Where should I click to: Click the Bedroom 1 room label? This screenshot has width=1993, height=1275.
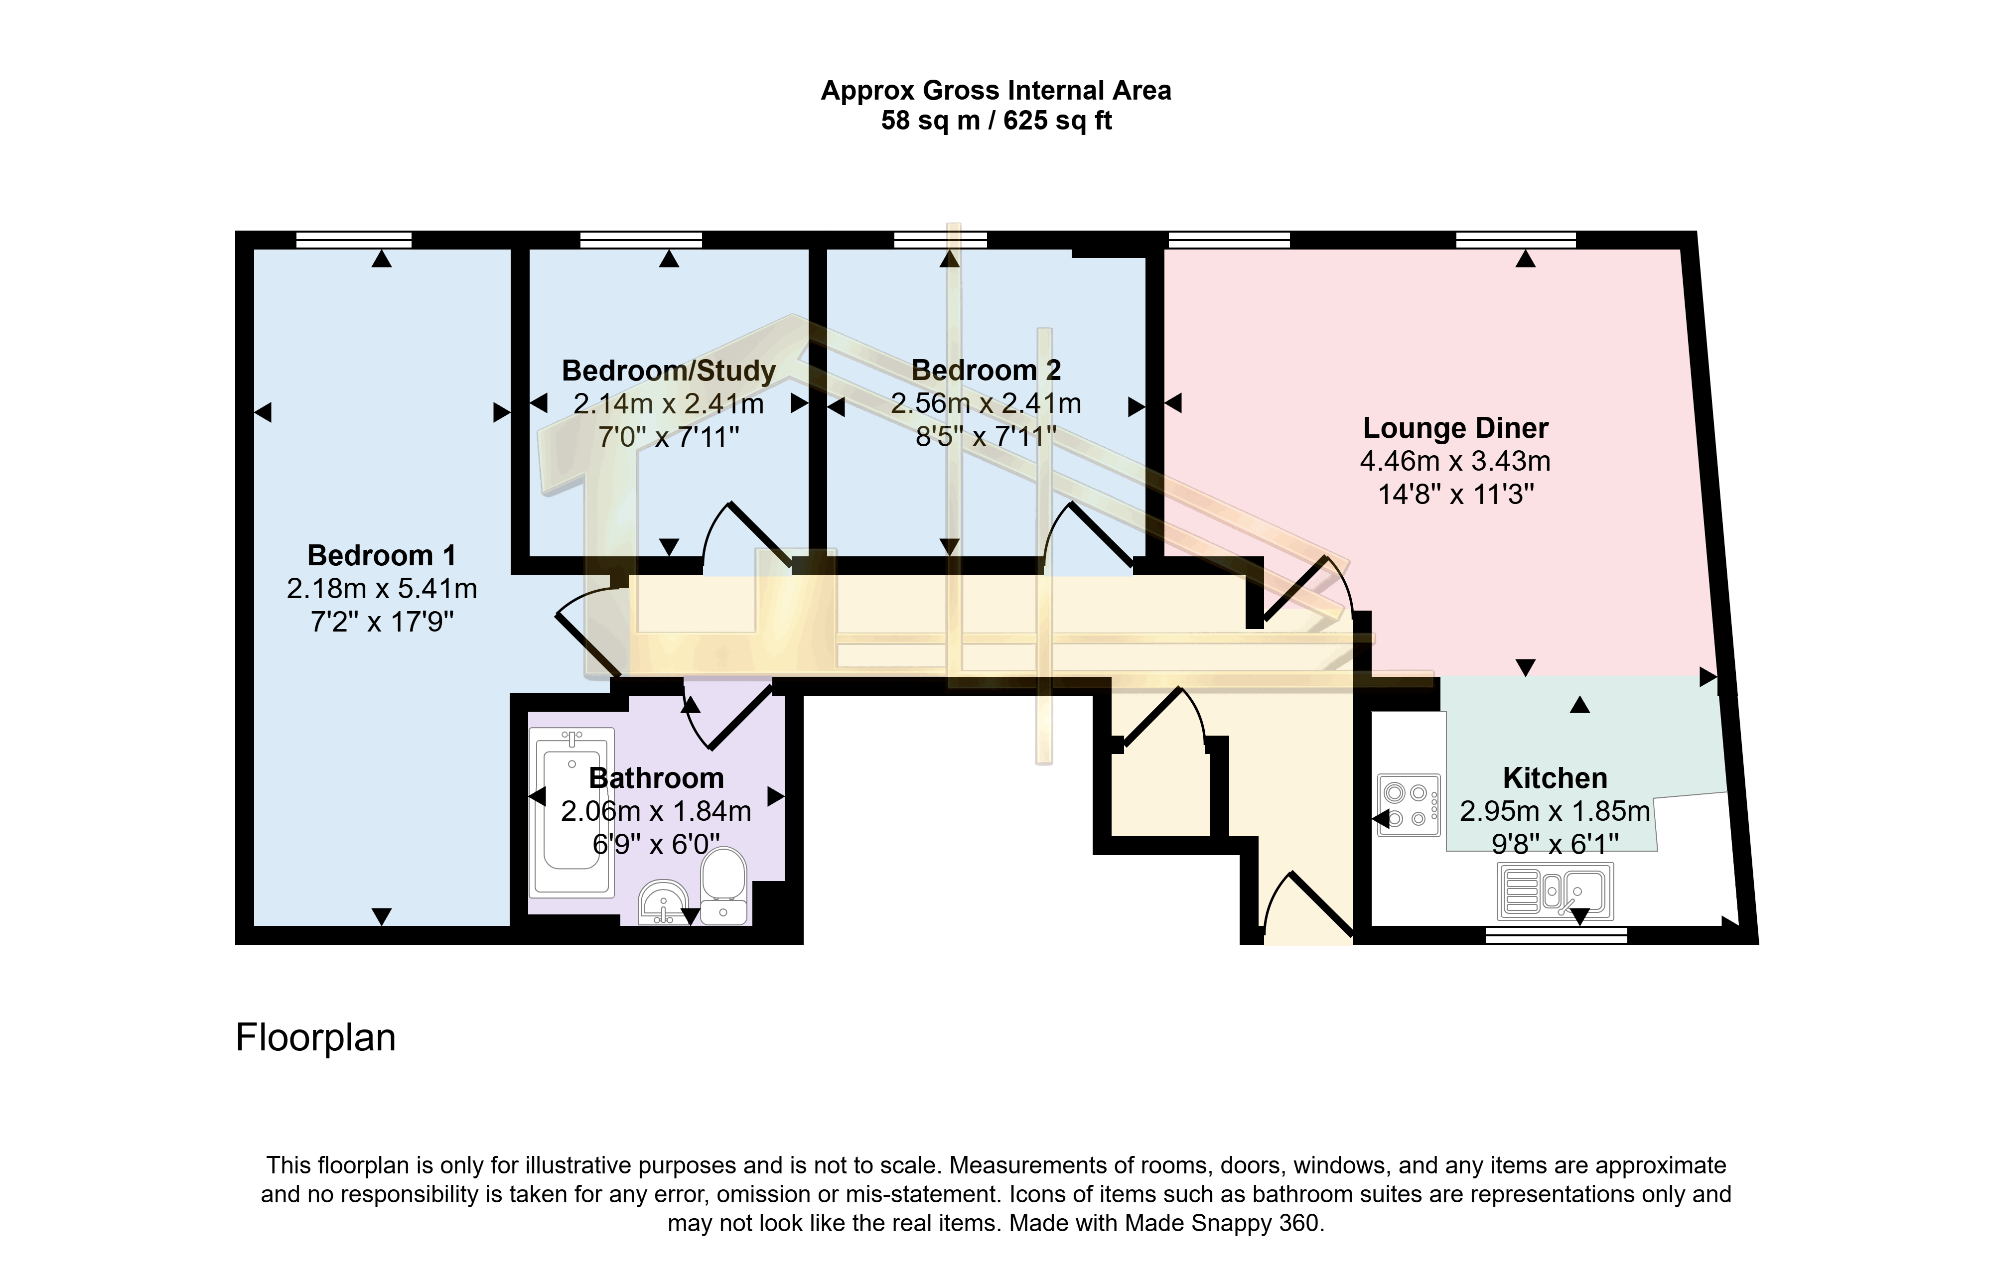coord(382,555)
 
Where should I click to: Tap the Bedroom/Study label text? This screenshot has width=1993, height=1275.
coord(668,370)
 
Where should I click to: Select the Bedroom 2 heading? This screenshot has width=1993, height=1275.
coord(986,370)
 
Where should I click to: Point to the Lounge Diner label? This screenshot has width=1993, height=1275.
coord(1455,428)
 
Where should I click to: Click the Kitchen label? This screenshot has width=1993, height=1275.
coord(1554,778)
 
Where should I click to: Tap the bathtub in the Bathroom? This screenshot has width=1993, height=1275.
coord(571,811)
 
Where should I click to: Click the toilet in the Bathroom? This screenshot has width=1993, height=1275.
coord(723,887)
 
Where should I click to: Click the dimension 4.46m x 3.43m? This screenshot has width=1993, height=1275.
coord(1455,461)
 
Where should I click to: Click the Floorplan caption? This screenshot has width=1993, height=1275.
coord(315,1037)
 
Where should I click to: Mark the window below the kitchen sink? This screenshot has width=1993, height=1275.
coord(1556,935)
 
